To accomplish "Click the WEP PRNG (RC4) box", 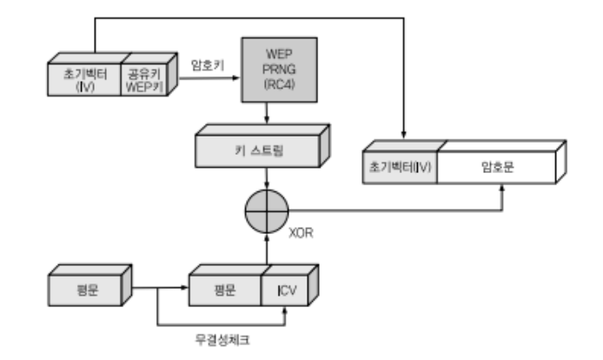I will tap(266, 70).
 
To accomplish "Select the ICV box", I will tap(286, 289).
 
